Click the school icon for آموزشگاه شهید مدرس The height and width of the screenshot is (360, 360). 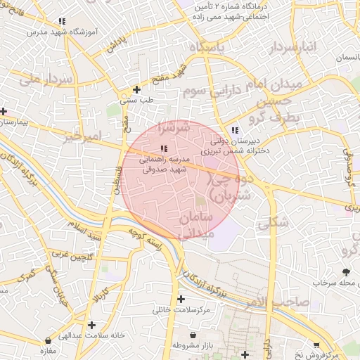(63, 21)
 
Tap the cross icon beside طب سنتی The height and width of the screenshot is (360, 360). (136, 89)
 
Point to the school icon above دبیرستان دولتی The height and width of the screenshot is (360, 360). (235, 130)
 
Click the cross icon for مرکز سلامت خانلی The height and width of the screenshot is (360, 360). (181, 300)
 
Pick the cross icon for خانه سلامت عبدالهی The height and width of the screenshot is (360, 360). (91, 325)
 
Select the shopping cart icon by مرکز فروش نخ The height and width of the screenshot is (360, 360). (316, 345)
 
